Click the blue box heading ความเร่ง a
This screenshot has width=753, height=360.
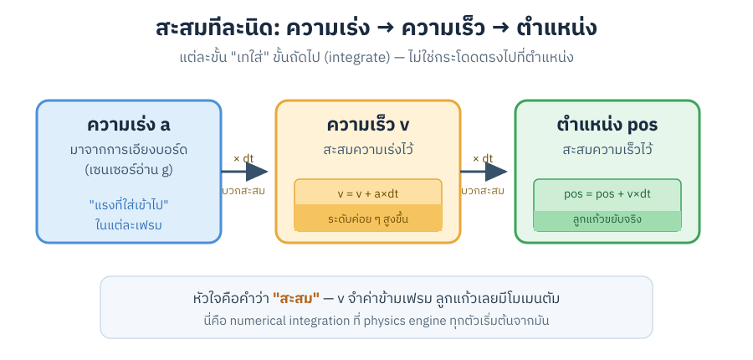pos(128,125)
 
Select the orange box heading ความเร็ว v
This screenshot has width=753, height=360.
pos(368,125)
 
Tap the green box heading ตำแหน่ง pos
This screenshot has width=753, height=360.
pos(607,125)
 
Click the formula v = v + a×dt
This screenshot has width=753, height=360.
pos(368,194)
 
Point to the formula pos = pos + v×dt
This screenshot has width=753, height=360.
pos(607,194)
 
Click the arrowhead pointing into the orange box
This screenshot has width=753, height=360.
pos(257,172)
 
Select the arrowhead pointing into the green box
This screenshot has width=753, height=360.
pos(496,172)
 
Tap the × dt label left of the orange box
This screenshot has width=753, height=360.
pos(243,158)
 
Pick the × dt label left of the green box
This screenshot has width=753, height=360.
pos(483,158)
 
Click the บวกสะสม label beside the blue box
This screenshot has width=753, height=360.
pos(243,191)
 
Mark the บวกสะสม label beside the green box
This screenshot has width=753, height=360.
pos(483,191)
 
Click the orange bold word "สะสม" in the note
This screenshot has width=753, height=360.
pos(296,299)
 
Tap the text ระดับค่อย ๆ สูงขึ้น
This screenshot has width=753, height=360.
pos(368,219)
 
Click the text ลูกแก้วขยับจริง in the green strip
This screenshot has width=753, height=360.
pos(607,219)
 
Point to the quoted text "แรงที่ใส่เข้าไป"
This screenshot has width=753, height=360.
pos(129,205)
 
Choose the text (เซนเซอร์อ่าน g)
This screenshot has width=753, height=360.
pos(129,170)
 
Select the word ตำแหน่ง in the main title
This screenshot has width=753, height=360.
pos(557,28)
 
